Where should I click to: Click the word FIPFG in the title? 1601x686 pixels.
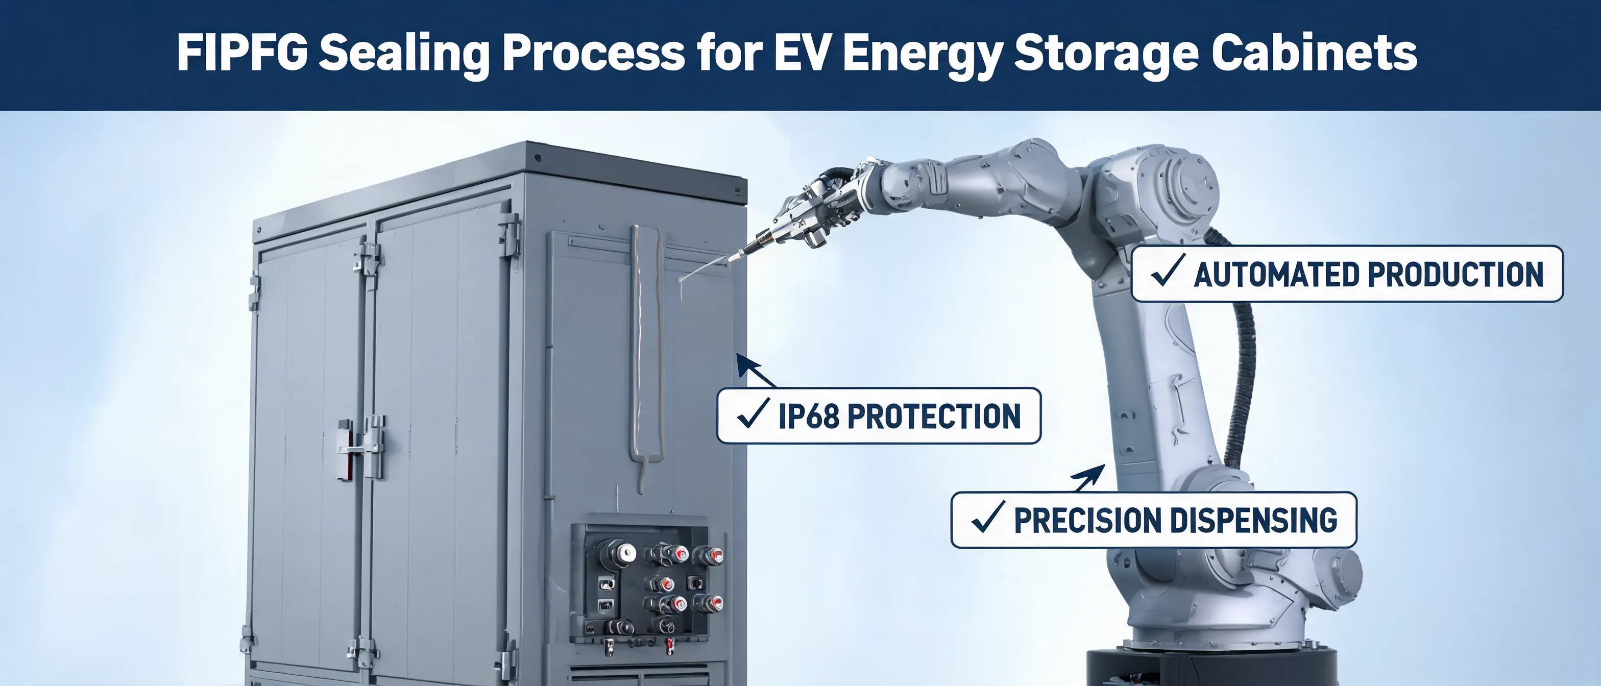click(x=242, y=52)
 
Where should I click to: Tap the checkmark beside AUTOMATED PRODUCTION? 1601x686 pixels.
click(x=1167, y=272)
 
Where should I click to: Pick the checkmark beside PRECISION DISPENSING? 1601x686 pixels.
click(x=987, y=517)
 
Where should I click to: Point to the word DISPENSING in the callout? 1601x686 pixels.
click(x=1257, y=520)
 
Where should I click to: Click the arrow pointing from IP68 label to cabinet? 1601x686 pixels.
click(x=756, y=371)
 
